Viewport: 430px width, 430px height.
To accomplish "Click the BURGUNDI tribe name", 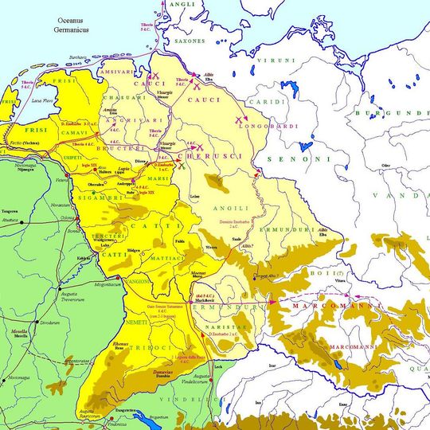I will tap(406, 113).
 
